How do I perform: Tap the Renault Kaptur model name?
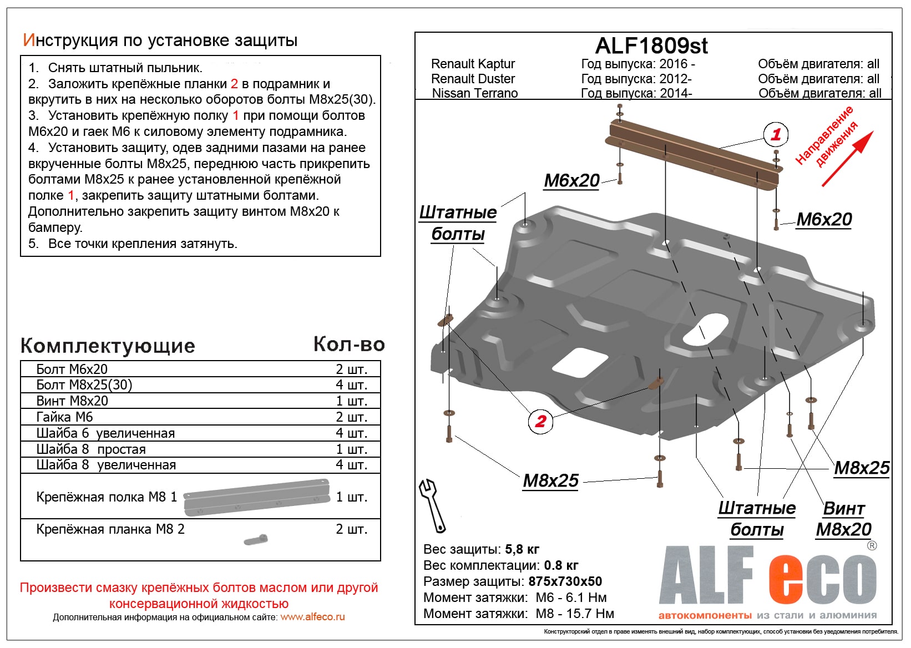pos(473,64)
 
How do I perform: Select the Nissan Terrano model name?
pos(474,93)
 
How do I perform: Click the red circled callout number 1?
pos(776,134)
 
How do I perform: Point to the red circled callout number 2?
pos(540,421)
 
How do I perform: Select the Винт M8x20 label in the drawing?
pos(843,519)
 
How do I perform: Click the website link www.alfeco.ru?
pos(312,617)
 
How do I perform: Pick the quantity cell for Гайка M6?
pos(351,417)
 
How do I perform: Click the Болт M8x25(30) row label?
pos(84,385)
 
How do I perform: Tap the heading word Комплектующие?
pos(108,346)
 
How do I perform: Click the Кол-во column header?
pos(349,345)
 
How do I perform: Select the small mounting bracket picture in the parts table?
pos(256,540)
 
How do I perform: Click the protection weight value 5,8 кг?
pos(522,549)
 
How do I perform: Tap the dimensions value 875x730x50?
pos(565,581)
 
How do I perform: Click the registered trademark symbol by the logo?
pos(872,545)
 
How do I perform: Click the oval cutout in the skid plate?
pos(705,329)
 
